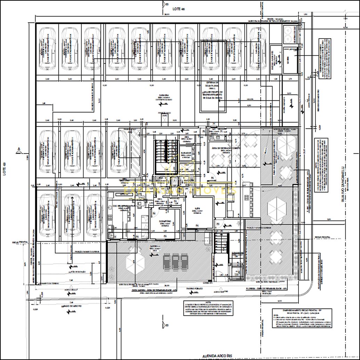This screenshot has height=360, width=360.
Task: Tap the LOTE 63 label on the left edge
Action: pyautogui.click(x=5, y=169)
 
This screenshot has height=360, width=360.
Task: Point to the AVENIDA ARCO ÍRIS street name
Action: pyautogui.click(x=218, y=356)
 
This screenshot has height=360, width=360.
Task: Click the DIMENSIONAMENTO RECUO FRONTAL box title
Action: pyautogui.click(x=298, y=310)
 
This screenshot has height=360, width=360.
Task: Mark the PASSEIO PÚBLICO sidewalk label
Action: pyautogui.click(x=196, y=288)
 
